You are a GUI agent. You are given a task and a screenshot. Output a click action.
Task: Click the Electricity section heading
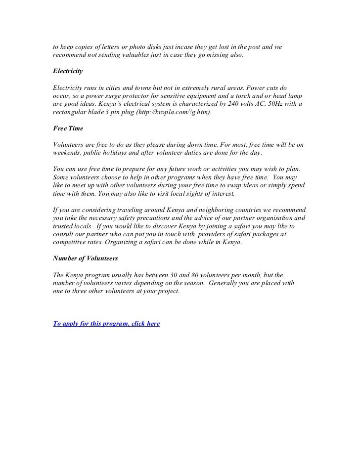point(67,71)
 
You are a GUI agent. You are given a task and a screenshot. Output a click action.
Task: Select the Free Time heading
point(68,128)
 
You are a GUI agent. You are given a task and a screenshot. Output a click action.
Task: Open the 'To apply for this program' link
point(106,324)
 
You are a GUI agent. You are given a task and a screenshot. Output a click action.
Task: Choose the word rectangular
point(72,112)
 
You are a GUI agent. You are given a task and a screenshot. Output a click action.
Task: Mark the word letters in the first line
point(113,46)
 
